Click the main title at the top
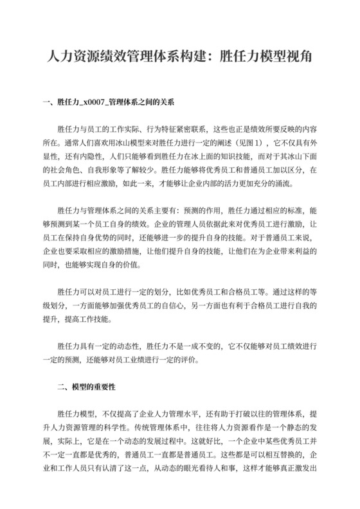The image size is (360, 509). tap(180, 56)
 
